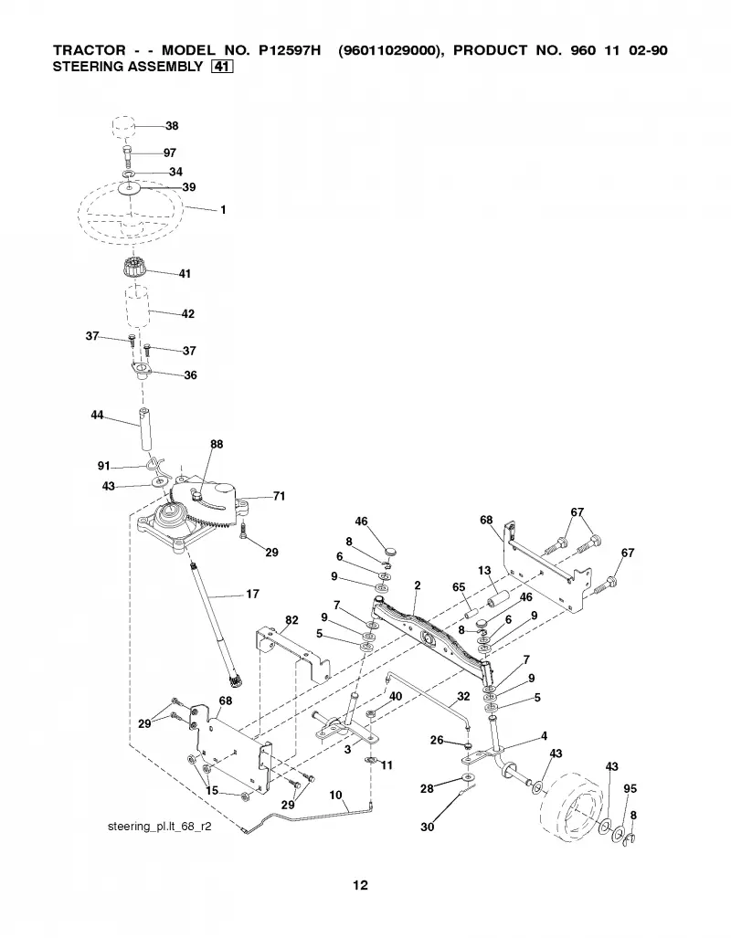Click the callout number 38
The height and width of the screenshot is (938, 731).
(172, 126)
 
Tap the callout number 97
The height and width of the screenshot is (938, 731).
(169, 153)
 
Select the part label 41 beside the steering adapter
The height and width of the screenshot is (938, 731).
(185, 273)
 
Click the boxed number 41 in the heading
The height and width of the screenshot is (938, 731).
(221, 67)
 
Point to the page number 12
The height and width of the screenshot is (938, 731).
(360, 885)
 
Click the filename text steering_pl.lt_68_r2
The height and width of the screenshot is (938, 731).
(159, 827)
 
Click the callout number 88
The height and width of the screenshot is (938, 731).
(217, 444)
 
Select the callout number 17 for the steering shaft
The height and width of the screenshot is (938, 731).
(252, 594)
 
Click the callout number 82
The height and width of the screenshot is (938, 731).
(291, 620)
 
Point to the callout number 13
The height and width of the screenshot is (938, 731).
(484, 570)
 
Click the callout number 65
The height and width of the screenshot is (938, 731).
(460, 587)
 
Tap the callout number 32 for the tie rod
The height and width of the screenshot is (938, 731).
(463, 696)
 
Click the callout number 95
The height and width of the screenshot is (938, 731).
(630, 788)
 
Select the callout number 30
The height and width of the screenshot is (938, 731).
(427, 827)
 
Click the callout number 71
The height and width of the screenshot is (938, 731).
(279, 496)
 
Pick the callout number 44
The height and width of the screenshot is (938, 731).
(97, 415)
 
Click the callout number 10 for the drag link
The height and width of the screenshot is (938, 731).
(336, 795)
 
